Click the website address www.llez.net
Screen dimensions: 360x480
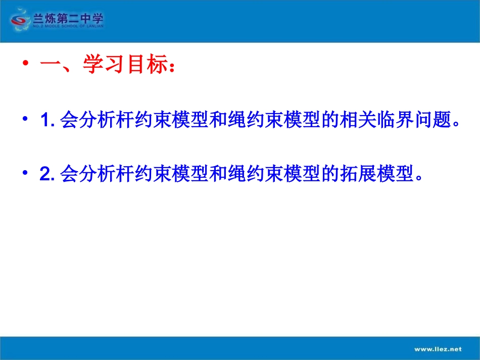438,348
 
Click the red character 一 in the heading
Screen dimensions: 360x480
50,66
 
